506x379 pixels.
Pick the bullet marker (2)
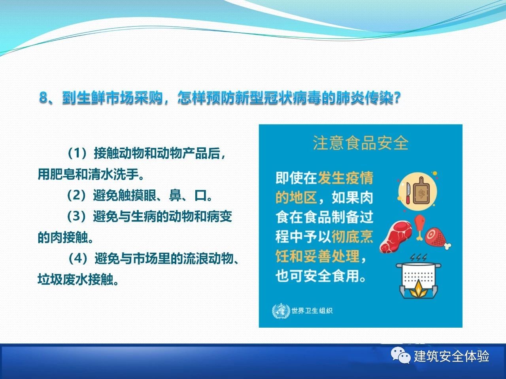pos(77,195)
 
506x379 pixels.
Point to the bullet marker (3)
pos(77,217)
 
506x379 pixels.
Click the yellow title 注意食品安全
pos(361,143)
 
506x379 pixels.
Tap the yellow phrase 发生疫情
pos(346,178)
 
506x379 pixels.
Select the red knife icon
pos(408,193)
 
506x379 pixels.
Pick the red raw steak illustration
pos(396,236)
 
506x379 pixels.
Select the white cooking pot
pos(418,276)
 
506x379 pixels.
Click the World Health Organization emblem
pos(281,311)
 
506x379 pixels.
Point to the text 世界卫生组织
pos(312,311)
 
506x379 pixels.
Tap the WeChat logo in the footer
pos(401,356)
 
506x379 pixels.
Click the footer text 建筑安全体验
pos(451,356)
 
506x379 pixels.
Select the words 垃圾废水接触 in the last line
pos(78,280)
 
